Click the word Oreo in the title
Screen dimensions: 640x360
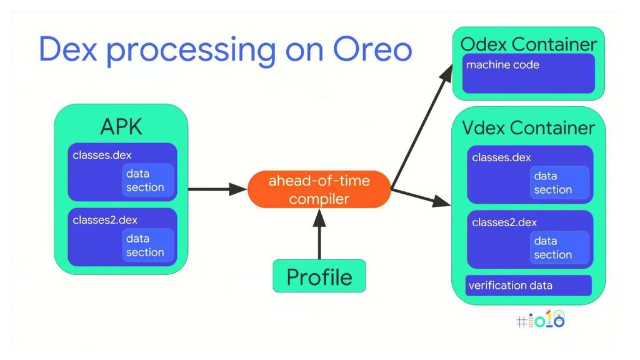point(372,49)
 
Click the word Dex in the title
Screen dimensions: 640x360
point(67,49)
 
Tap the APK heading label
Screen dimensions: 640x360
point(121,126)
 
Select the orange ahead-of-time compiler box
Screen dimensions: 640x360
point(319,189)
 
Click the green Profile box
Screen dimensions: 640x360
point(319,276)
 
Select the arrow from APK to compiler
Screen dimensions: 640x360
point(217,189)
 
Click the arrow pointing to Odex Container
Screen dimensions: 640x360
point(422,127)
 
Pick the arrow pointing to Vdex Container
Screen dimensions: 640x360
point(421,197)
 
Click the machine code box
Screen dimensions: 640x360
point(529,74)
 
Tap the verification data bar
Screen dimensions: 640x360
point(529,285)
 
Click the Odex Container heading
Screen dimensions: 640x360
point(529,44)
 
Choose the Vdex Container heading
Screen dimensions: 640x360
point(529,127)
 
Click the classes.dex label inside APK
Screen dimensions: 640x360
point(102,155)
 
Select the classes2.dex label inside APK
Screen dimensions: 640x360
point(105,220)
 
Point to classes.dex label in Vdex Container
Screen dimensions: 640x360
point(501,157)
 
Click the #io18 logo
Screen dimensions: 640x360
point(541,319)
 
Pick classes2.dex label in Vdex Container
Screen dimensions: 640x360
point(504,222)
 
